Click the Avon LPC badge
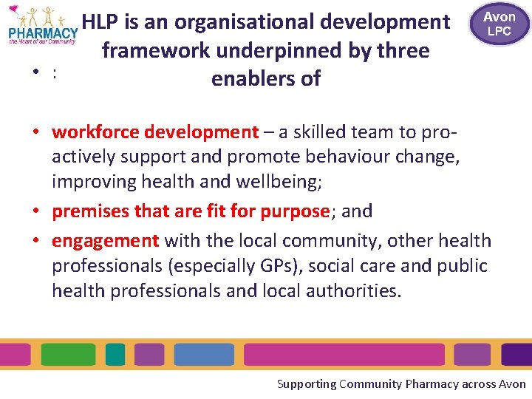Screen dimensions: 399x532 coord(499,24)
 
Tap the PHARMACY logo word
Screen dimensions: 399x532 coord(43,33)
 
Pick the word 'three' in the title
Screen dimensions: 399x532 coord(403,51)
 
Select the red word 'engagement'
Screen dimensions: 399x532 coord(106,240)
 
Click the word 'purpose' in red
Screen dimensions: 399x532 coord(294,211)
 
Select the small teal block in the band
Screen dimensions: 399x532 coord(115,355)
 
